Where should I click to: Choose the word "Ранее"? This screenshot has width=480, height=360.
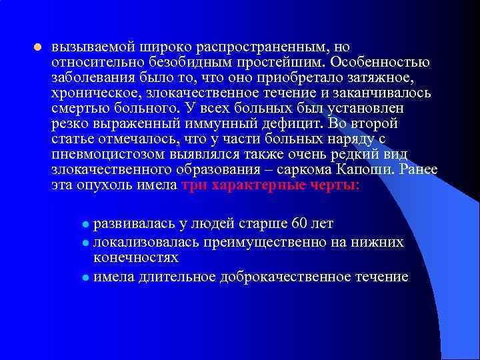(x=421, y=170)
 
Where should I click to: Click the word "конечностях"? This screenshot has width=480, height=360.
(x=135, y=256)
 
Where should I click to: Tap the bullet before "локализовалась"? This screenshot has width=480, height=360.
(x=85, y=241)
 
